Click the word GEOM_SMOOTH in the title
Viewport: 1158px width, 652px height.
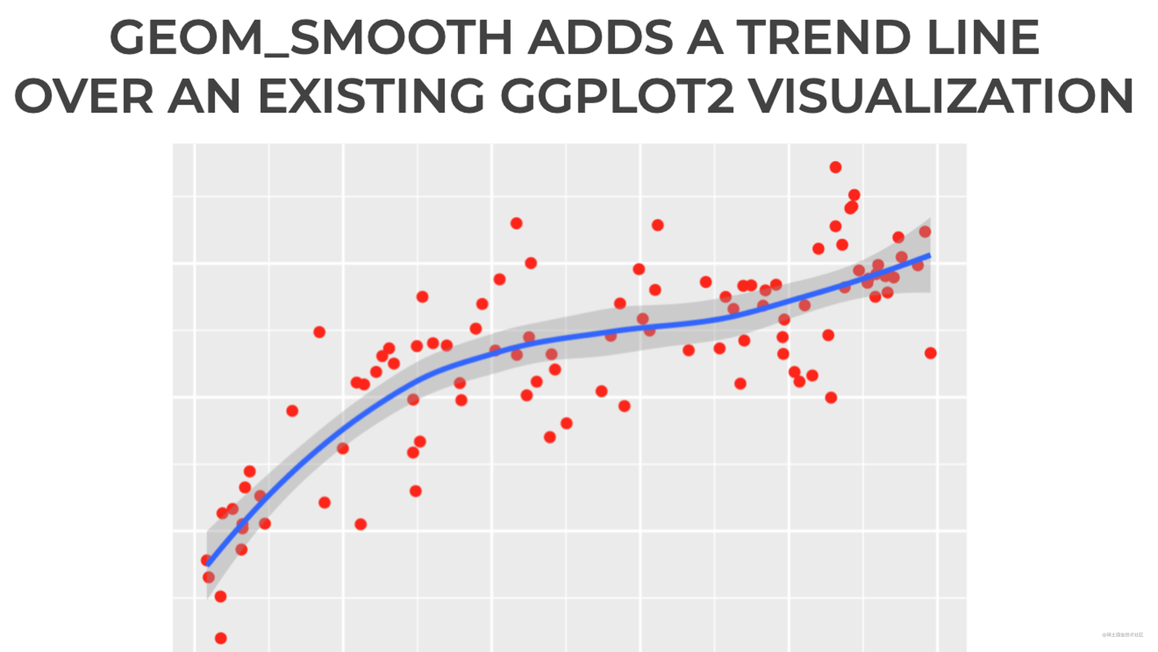tap(310, 38)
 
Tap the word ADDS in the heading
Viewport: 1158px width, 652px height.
tap(601, 38)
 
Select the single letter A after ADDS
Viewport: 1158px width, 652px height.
tap(705, 38)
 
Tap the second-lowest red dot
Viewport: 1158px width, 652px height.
tap(220, 596)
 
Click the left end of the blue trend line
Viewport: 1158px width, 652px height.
tap(208, 564)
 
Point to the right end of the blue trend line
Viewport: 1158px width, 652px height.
tap(929, 255)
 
